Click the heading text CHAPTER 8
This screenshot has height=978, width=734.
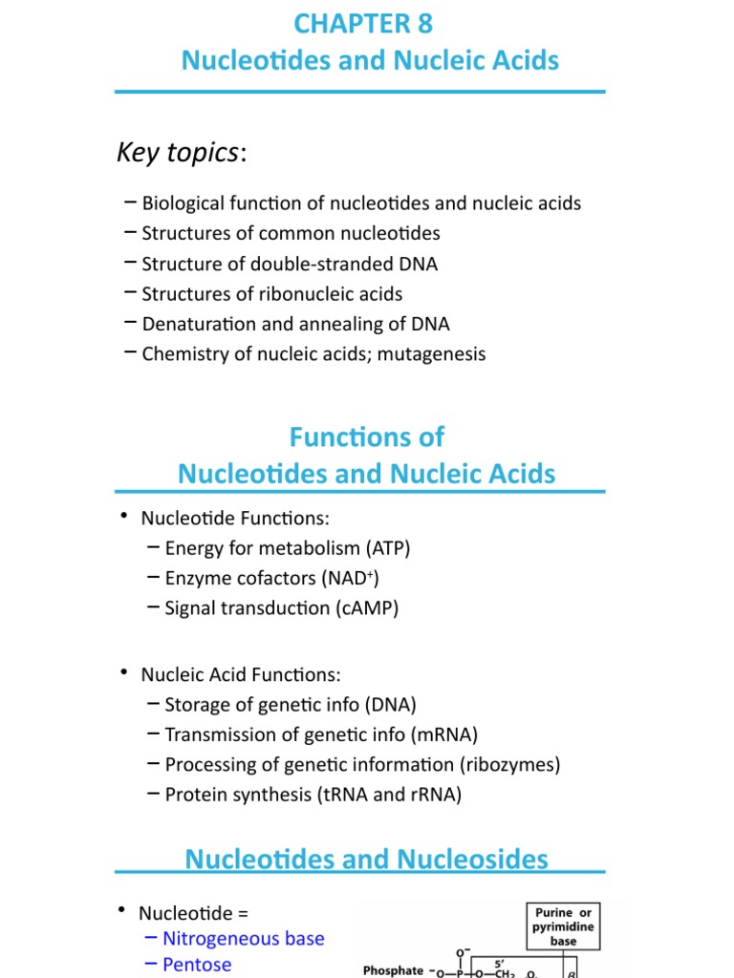(363, 23)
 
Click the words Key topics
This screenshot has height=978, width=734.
(177, 152)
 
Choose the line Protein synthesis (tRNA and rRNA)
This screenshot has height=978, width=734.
(313, 794)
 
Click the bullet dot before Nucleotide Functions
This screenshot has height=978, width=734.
(123, 517)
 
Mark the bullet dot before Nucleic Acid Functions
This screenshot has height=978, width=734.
(123, 673)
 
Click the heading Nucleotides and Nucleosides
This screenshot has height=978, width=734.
(366, 859)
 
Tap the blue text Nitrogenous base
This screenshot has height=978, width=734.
(243, 939)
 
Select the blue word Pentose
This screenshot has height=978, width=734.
(197, 965)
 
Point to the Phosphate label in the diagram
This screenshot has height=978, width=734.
(393, 970)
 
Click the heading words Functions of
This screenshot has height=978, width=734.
(366, 437)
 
